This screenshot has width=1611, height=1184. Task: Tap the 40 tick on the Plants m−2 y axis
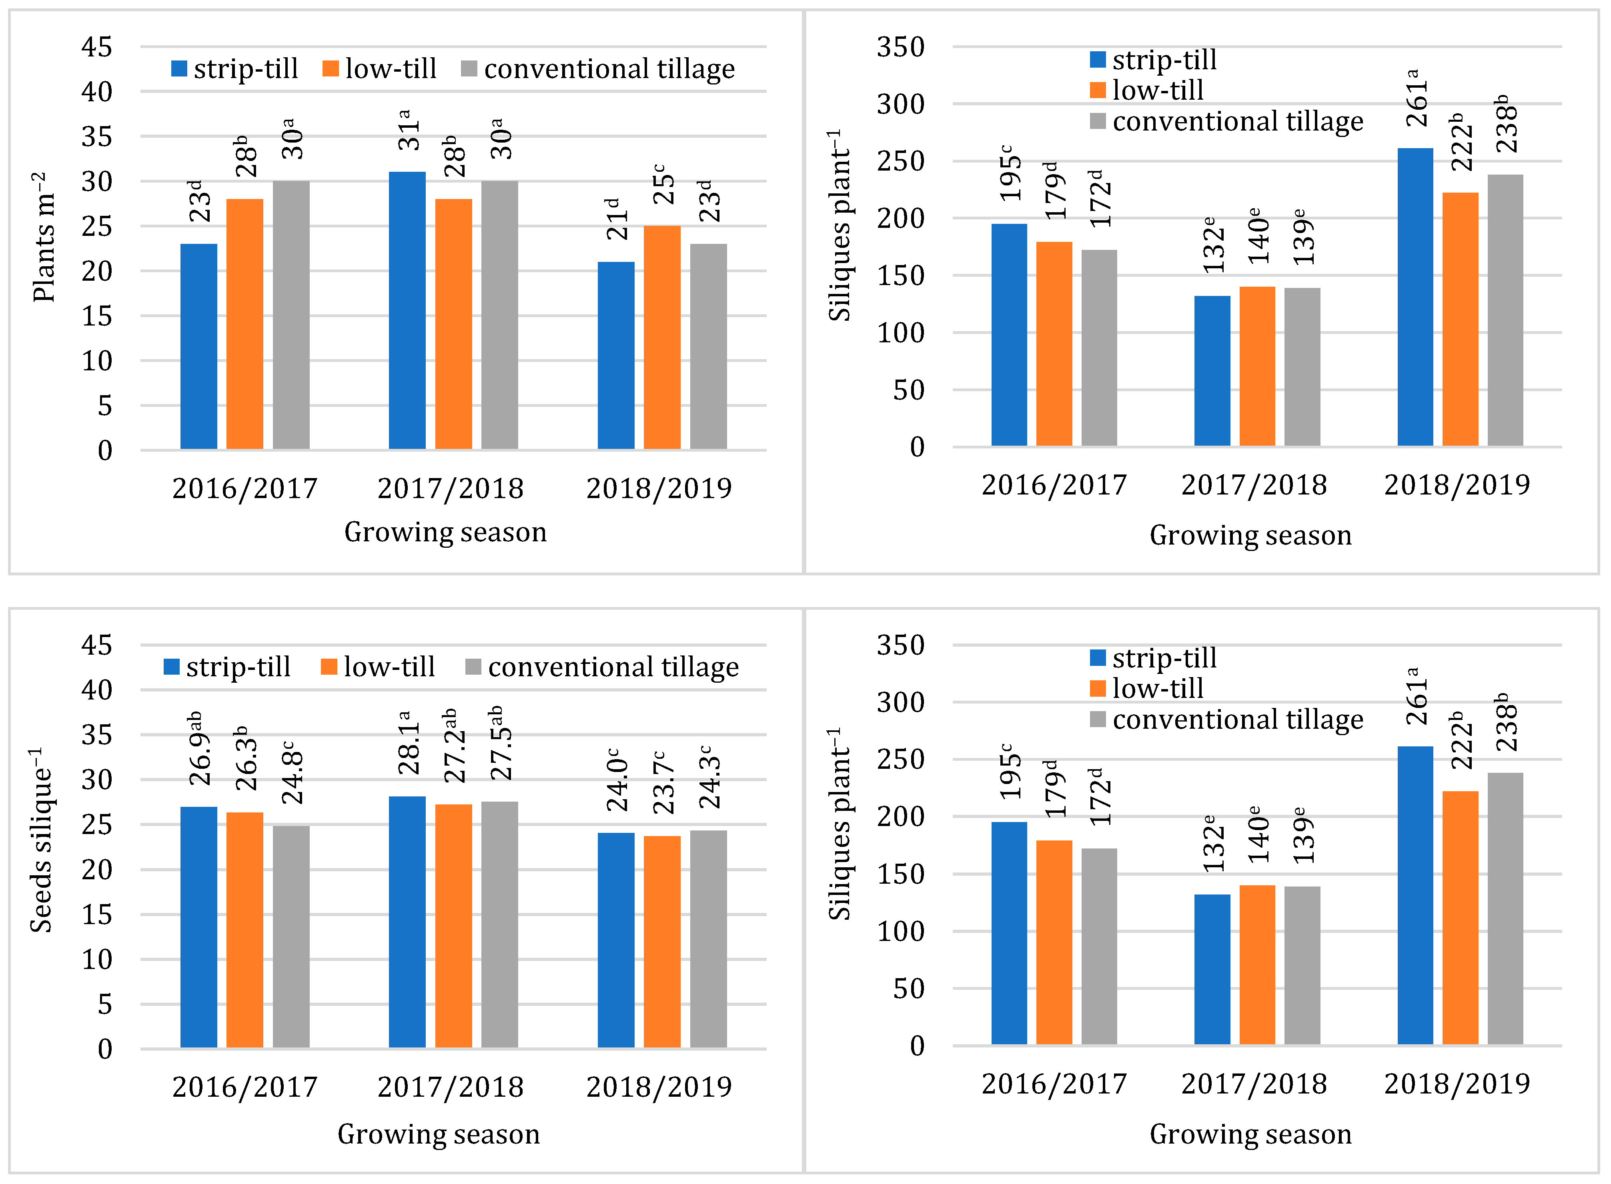[97, 92]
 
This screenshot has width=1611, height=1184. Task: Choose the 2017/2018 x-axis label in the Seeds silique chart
[451, 1087]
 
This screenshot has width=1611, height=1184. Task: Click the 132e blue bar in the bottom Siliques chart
[1212, 969]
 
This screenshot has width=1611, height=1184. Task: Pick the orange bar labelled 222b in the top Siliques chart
[1460, 319]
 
